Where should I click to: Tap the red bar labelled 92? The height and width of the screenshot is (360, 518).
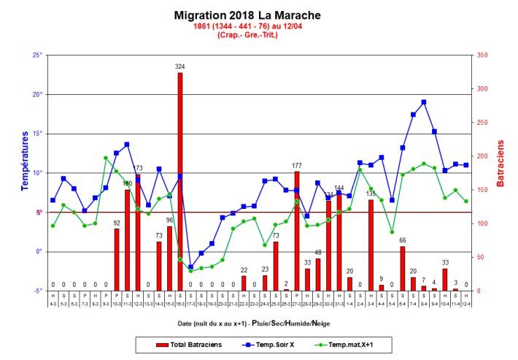pos(116,259)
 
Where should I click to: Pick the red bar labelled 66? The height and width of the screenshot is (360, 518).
pos(402,268)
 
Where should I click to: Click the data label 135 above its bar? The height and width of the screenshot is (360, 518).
pos(371,194)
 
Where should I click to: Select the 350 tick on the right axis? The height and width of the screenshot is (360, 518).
pos(482,55)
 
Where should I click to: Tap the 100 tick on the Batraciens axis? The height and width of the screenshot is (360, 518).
pos(482,223)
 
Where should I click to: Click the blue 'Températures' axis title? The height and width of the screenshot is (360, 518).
pos(24,161)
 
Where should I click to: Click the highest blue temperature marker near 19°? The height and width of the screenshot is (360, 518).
pos(423,102)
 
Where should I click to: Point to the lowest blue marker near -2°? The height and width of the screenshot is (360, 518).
pos(190,267)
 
